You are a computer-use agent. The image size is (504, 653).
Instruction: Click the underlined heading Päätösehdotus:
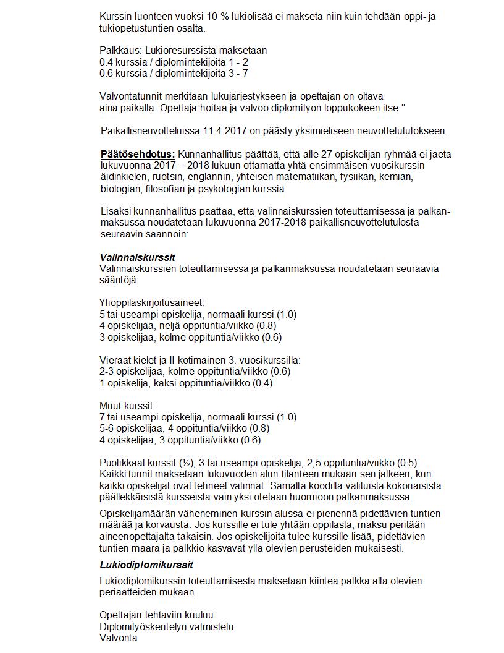(138, 154)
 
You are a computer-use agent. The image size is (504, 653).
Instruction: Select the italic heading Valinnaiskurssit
(133, 257)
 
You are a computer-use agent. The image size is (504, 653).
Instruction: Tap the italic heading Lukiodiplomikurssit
(146, 565)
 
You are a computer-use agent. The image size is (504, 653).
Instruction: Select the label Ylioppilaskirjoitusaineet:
(152, 303)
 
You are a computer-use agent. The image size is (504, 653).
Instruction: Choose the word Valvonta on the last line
(119, 638)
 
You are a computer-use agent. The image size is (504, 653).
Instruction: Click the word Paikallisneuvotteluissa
(149, 130)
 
